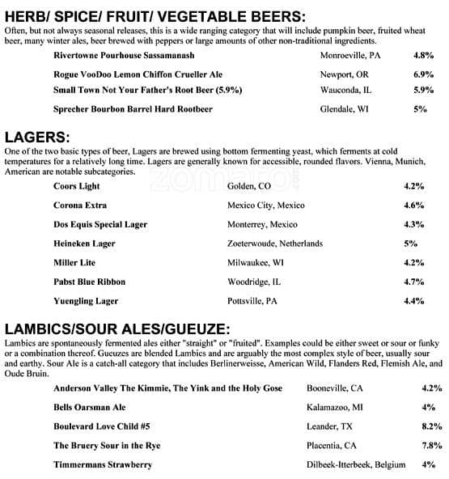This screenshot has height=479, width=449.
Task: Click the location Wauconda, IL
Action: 346,91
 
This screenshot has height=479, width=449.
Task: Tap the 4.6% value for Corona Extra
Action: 413,206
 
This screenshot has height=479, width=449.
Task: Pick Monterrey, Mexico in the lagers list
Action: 262,224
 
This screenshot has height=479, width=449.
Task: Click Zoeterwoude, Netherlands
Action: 275,244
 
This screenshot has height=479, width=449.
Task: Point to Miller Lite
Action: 74,263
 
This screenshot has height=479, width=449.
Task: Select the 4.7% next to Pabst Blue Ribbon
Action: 413,282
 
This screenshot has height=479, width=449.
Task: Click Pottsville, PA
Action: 252,301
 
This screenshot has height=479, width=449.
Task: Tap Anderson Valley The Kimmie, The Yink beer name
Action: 167,388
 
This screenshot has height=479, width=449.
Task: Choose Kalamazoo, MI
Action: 335,406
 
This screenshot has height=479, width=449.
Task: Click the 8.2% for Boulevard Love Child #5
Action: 432,426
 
